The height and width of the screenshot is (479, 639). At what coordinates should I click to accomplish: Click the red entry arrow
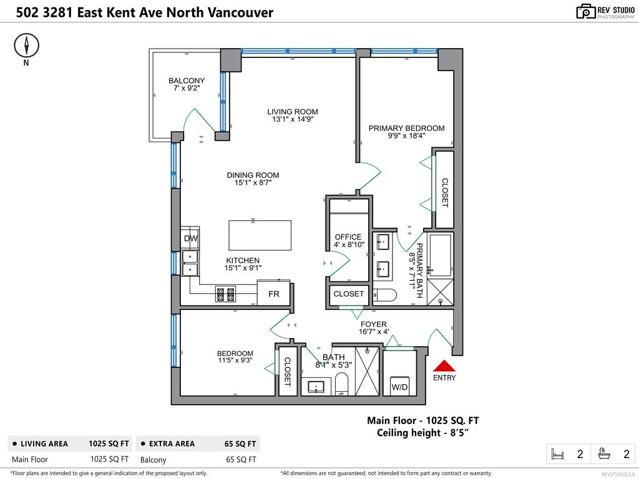pos(444,366)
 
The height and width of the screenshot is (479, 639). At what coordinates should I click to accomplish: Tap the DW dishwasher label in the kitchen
pos(190,238)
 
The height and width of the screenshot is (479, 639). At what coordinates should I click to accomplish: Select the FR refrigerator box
pos(274,294)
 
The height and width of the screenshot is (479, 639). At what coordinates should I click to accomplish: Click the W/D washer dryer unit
pos(399,387)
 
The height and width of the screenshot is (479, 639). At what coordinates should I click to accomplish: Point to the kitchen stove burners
pos(225,294)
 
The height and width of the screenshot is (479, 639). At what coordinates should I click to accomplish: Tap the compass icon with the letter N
pos(26,46)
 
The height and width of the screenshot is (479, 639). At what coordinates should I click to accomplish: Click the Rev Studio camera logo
pos(585,11)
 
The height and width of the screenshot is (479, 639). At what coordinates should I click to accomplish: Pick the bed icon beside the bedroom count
pos(557,454)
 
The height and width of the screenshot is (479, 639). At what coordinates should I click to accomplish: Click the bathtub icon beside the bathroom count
pos(604,454)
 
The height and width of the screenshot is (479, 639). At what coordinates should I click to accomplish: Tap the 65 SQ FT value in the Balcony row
pos(240,460)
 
